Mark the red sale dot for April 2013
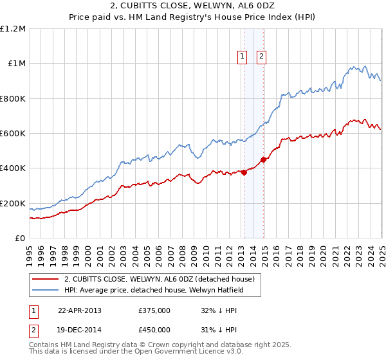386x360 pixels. [244, 172]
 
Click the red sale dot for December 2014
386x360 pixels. [263, 159]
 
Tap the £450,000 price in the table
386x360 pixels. [154, 329]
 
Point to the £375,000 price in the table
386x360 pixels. [154, 310]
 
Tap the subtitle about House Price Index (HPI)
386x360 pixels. [193, 19]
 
